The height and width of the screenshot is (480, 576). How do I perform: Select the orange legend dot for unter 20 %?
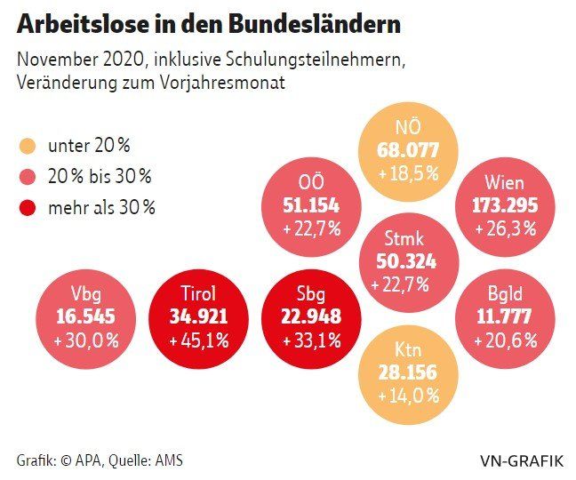(x=27, y=146)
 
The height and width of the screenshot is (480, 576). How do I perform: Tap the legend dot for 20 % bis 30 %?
(x=27, y=176)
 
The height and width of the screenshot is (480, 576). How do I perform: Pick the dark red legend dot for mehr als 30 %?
(x=27, y=207)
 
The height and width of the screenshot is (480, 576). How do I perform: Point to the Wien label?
(x=504, y=184)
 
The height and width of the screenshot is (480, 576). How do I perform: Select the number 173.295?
(x=504, y=205)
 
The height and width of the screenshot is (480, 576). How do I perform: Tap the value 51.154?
(x=312, y=205)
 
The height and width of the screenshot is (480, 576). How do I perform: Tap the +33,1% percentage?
(x=311, y=340)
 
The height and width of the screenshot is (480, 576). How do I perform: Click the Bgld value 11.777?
(x=504, y=317)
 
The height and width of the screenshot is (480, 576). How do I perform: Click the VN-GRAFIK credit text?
(x=522, y=460)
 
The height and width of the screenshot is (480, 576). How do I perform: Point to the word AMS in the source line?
(x=169, y=460)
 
